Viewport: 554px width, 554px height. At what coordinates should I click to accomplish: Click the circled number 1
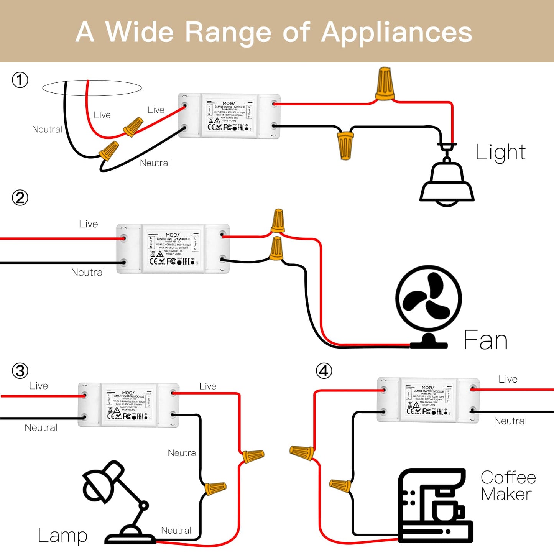[x=20, y=80]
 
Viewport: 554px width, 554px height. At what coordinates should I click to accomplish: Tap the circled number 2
[x=20, y=198]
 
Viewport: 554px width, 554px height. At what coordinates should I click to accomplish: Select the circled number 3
[x=20, y=371]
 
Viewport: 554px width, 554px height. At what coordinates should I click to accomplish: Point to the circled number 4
[x=324, y=371]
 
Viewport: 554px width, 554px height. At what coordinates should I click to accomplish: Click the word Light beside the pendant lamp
[x=500, y=153]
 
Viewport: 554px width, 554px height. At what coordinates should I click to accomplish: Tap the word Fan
[x=485, y=340]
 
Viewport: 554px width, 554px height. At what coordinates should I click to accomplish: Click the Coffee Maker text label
[x=508, y=486]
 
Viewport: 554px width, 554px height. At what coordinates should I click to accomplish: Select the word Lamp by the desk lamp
[x=62, y=536]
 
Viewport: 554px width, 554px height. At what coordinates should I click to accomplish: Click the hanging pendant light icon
[x=447, y=176]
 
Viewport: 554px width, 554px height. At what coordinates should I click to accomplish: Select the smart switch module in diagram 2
[x=173, y=249]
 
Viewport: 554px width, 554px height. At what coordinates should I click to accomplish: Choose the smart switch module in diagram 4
[x=428, y=399]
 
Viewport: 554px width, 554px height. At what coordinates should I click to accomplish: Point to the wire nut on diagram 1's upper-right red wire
[x=384, y=84]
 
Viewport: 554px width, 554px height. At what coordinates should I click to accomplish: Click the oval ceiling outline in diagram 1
[x=92, y=88]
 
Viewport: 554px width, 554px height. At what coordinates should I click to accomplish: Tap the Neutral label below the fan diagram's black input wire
[x=88, y=272]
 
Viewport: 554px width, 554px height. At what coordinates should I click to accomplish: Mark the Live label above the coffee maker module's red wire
[x=508, y=379]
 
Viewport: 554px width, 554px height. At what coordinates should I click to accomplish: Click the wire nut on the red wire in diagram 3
[x=253, y=456]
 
